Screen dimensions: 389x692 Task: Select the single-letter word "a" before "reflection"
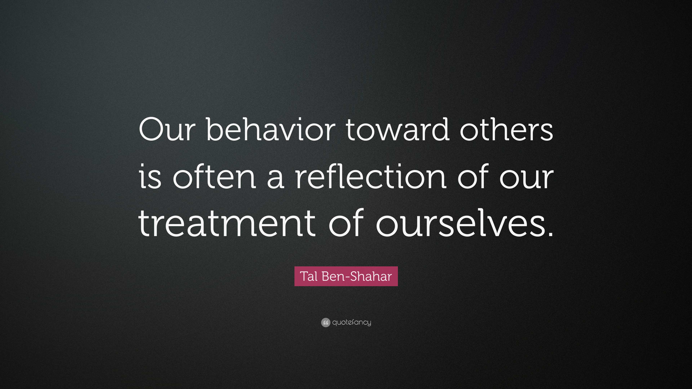click(x=275, y=178)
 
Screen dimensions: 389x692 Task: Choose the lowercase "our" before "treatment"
click(x=527, y=178)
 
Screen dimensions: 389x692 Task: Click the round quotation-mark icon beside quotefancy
click(x=325, y=322)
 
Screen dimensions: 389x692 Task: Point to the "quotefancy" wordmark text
click(x=352, y=322)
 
